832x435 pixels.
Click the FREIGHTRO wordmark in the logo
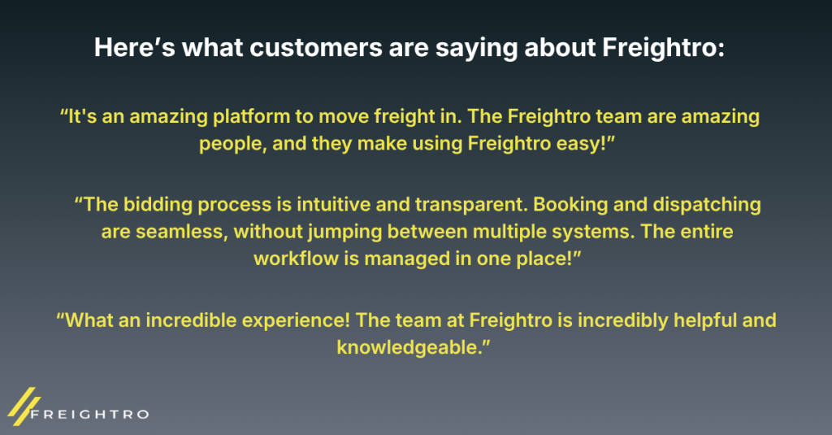click(90, 415)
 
